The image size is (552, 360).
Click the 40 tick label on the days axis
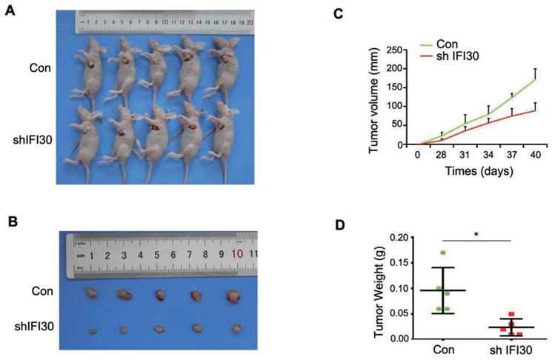click(x=533, y=155)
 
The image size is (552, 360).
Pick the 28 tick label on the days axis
click(x=442, y=155)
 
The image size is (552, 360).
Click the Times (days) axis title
click(x=476, y=170)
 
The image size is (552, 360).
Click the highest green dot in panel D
click(x=442, y=253)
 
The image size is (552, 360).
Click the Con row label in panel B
click(x=41, y=291)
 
